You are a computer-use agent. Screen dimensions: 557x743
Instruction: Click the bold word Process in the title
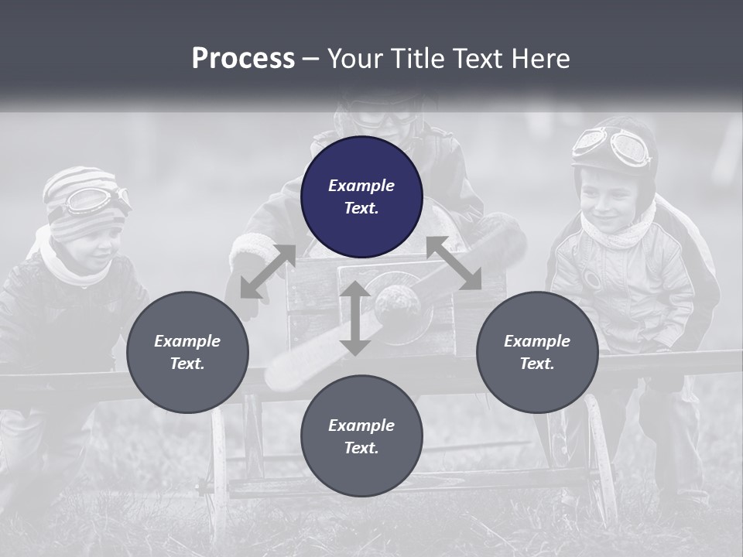[243, 59]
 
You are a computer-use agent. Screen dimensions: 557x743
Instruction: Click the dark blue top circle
[361, 196]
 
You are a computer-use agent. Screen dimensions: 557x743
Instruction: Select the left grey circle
[187, 352]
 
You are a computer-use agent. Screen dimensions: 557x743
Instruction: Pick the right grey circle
[537, 352]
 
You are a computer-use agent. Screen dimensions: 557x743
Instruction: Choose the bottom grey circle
[361, 436]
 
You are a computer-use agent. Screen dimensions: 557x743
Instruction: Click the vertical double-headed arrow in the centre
[355, 318]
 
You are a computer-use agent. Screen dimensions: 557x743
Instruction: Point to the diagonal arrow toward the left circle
[267, 271]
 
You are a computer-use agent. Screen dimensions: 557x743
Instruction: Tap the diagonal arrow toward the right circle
[454, 263]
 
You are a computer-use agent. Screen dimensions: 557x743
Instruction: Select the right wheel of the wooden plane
[601, 456]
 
